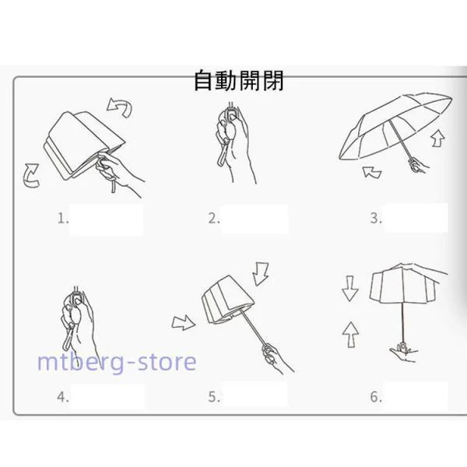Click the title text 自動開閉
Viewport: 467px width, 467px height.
(x=239, y=80)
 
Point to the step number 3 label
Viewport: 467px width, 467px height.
(x=376, y=219)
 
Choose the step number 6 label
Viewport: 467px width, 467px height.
(x=376, y=397)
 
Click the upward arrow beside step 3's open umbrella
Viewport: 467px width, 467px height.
(x=438, y=139)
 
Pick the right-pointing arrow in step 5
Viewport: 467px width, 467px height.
(x=184, y=320)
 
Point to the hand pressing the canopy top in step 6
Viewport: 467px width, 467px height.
(x=430, y=273)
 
